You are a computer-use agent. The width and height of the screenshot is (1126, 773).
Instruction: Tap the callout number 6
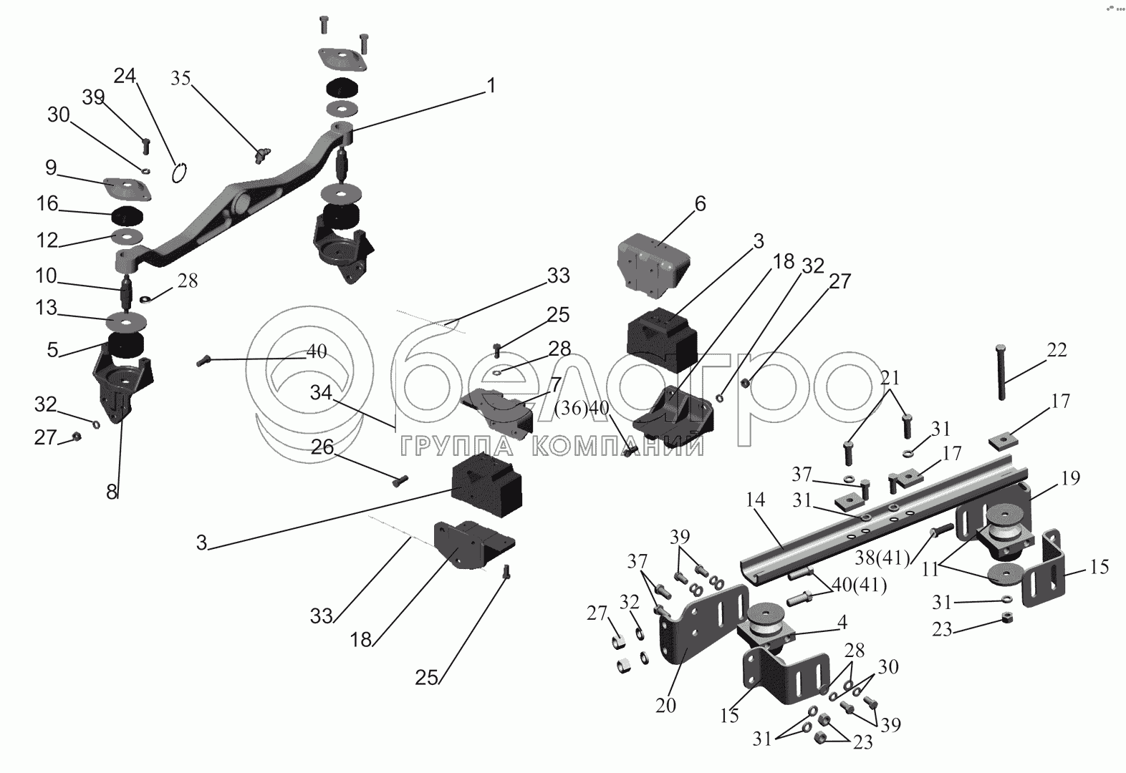pyautogui.click(x=701, y=203)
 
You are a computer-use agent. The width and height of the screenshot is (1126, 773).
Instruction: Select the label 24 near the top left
pyautogui.click(x=125, y=76)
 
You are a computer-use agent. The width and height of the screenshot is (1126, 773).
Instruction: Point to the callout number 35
pyautogui.click(x=181, y=78)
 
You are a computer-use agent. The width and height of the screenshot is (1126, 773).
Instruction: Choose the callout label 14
pyautogui.click(x=756, y=500)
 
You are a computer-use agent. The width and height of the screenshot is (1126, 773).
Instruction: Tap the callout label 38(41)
pyautogui.click(x=882, y=558)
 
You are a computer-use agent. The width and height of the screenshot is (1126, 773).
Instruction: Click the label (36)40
pyautogui.click(x=582, y=409)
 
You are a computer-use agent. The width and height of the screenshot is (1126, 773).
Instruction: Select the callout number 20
pyautogui.click(x=665, y=706)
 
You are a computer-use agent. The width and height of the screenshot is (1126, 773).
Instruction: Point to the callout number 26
pyautogui.click(x=322, y=447)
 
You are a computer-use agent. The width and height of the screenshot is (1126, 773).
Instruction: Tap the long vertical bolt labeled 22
pyautogui.click(x=1001, y=372)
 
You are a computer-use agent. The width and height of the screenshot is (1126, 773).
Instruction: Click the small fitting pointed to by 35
pyautogui.click(x=262, y=155)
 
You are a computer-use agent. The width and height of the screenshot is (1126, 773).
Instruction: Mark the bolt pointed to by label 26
pyautogui.click(x=400, y=481)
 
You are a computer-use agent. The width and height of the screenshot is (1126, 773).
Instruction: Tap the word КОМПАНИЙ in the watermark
pyautogui.click(x=617, y=446)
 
